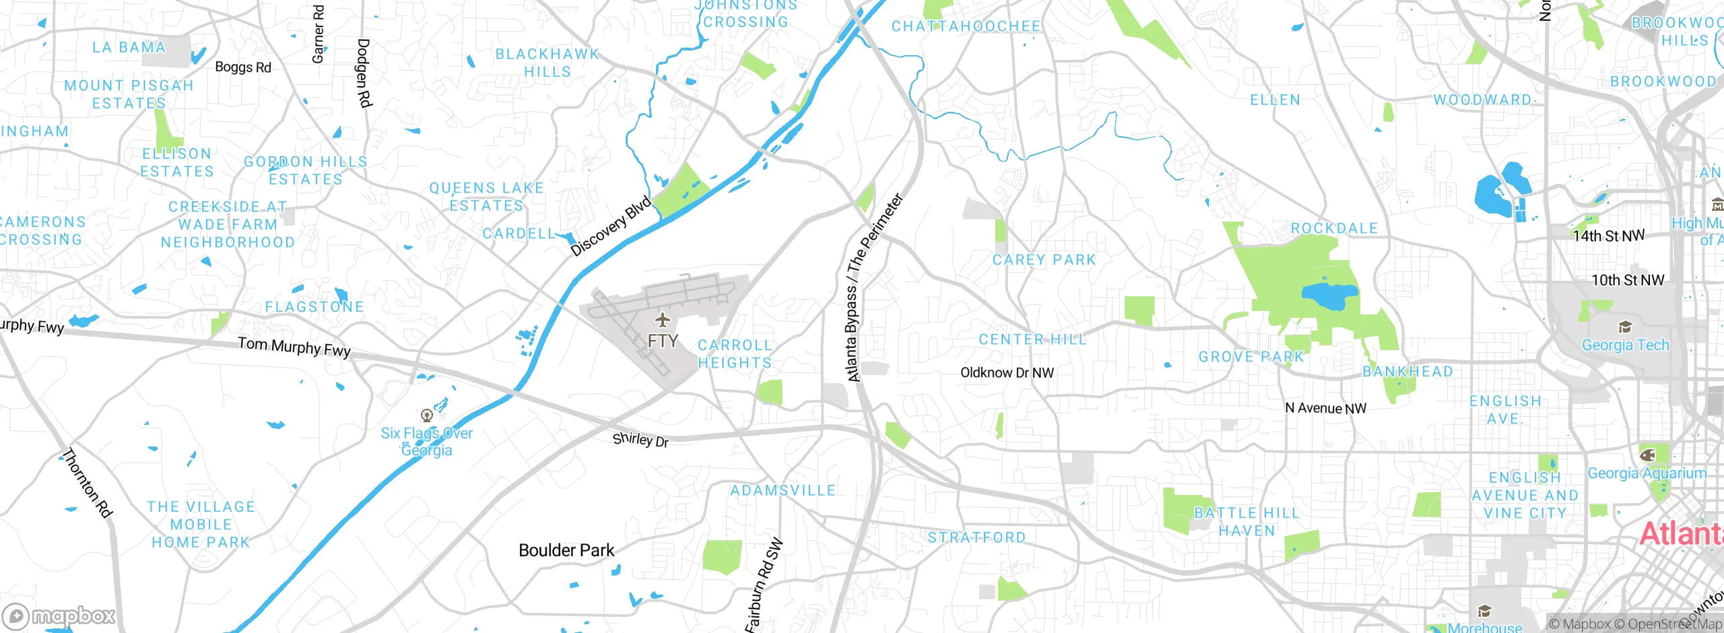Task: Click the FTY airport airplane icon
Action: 663,319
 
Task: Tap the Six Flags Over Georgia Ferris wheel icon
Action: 426,415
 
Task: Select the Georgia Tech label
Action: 1625,345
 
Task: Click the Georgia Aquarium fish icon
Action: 1647,455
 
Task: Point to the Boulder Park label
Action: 566,550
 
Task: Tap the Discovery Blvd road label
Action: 611,226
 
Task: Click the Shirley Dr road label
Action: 640,440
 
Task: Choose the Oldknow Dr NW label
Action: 1007,372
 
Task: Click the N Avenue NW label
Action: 1325,408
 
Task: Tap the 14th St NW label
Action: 1608,236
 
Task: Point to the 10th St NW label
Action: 1627,280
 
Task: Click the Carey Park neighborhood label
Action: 1044,260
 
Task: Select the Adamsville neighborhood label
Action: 783,490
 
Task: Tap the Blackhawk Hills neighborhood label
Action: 547,63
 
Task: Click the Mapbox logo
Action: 59,615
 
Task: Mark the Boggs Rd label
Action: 242,67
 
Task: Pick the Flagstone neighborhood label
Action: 314,307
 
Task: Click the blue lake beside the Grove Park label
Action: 1329,296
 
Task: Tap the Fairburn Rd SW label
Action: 764,585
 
